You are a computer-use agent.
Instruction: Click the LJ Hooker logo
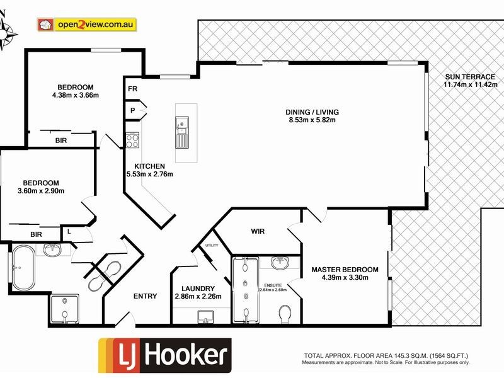tap(164, 356)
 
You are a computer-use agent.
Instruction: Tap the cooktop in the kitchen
tap(132, 139)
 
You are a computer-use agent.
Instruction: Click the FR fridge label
tap(132, 89)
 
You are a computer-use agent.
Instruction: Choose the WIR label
tap(257, 231)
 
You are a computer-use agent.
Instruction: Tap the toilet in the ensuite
tap(285, 313)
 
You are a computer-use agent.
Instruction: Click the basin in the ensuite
tap(279, 262)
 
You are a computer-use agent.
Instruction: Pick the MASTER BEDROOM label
tap(345, 270)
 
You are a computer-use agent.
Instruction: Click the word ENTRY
tap(145, 296)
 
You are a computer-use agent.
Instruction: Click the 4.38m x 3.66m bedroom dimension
tap(76, 95)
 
